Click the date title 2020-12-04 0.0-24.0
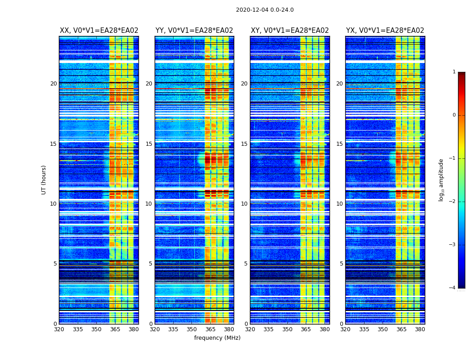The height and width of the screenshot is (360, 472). tap(265, 10)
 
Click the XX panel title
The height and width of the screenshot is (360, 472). tap(99, 31)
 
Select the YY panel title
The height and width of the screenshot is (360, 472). tap(194, 31)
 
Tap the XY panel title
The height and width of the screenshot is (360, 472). tap(290, 31)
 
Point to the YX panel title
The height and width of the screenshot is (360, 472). tap(385, 31)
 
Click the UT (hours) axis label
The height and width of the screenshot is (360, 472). tap(44, 180)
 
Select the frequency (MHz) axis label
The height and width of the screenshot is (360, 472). tap(217, 338)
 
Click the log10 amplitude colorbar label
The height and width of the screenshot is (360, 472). tap(441, 180)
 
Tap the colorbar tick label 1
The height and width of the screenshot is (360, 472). tap(454, 72)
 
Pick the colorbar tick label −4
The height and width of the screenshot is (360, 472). tap(453, 288)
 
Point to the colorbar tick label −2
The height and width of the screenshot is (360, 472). tap(453, 202)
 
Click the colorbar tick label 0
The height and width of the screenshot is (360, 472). tap(454, 115)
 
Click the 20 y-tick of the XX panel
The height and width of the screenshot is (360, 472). tap(53, 84)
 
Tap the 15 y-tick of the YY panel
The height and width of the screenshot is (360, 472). tap(149, 144)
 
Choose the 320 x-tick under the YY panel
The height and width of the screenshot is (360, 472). tap(155, 329)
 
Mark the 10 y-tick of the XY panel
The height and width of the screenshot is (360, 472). tap(244, 204)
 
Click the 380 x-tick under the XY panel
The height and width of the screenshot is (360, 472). tap(325, 329)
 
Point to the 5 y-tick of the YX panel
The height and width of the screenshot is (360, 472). tap(341, 264)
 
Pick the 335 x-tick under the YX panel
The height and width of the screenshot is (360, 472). tap(364, 329)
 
